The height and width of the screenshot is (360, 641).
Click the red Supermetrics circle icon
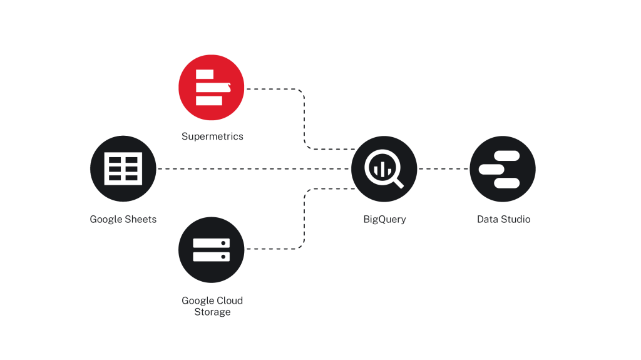(212, 88)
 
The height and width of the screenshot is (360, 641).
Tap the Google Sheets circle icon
(123, 168)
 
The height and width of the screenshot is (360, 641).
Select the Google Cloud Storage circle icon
(212, 250)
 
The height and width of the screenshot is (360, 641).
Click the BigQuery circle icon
(384, 169)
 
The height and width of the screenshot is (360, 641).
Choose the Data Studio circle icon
(503, 169)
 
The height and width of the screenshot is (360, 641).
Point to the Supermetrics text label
(212, 136)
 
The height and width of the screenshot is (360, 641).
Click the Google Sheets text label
(123, 219)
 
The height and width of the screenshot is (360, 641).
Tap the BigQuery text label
(385, 219)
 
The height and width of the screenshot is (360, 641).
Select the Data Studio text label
(504, 219)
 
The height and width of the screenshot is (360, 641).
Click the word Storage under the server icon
(212, 312)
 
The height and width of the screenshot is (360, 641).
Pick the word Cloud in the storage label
(230, 301)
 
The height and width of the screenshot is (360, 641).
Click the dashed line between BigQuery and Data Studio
(443, 168)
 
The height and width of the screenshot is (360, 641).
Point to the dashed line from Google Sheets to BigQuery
(254, 168)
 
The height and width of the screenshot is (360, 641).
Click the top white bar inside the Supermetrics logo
(205, 74)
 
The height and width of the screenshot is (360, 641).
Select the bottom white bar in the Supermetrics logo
(209, 101)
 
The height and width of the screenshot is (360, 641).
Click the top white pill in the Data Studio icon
(507, 156)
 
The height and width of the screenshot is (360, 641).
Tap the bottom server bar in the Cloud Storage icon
(212, 257)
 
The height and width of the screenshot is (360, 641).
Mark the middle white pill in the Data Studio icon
(491, 170)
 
